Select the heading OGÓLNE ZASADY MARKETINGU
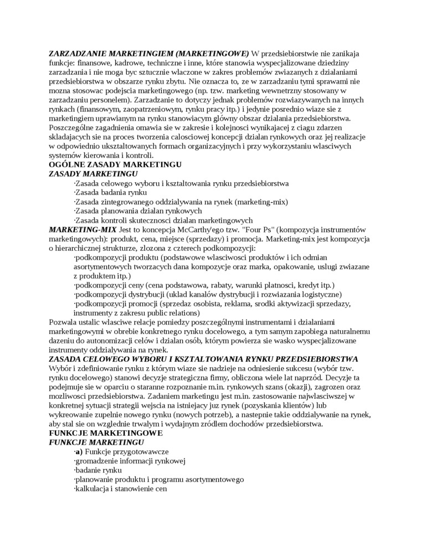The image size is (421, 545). (x=115, y=164)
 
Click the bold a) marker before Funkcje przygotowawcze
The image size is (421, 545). (x=79, y=452)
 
